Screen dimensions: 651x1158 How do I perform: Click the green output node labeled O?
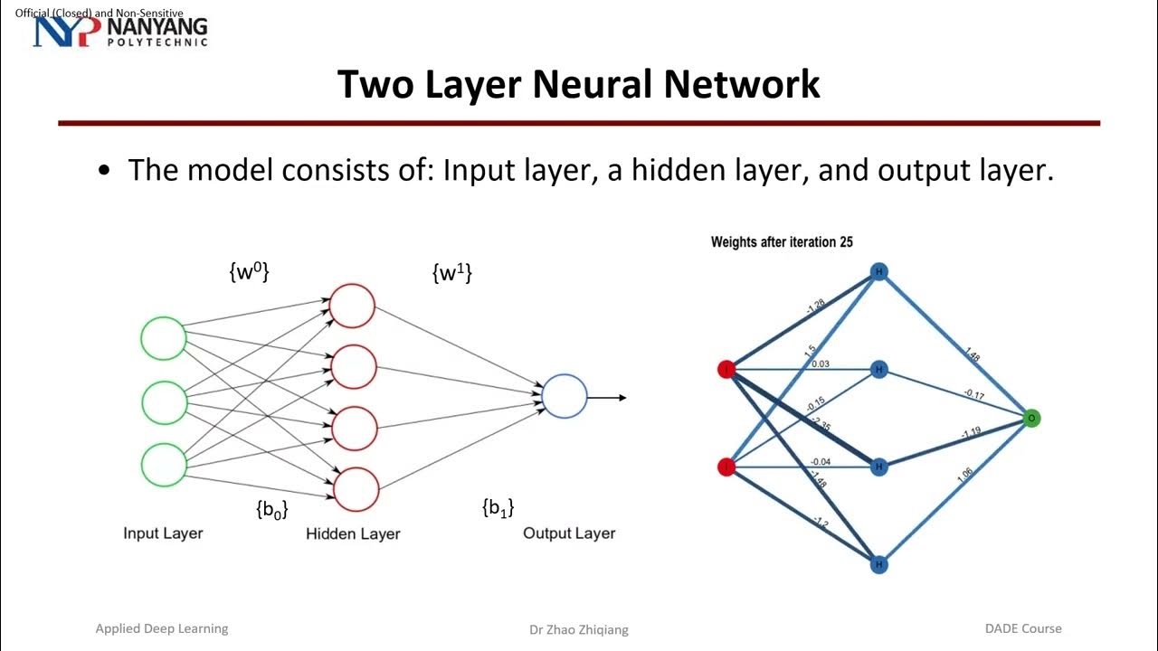click(1031, 418)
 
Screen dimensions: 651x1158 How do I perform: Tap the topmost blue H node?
click(878, 271)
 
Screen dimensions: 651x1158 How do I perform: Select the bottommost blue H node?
click(878, 564)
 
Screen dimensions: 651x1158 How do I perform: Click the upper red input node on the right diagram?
click(726, 369)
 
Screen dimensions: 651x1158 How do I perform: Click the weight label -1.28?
click(814, 307)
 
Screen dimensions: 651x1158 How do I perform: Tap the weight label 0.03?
click(821, 363)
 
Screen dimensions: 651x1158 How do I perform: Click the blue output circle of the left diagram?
click(565, 396)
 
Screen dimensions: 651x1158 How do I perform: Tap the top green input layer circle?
click(164, 338)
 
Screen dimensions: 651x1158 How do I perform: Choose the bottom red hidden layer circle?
click(356, 489)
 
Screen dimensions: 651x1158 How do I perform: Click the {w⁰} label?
click(249, 272)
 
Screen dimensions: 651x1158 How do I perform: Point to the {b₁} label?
click(498, 508)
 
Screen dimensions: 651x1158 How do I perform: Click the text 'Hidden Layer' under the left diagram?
click(353, 533)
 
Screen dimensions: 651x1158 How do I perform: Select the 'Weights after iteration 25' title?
click(782, 241)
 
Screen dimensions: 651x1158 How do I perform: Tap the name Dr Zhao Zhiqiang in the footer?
click(578, 629)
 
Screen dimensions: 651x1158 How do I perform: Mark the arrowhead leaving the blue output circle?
click(622, 397)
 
